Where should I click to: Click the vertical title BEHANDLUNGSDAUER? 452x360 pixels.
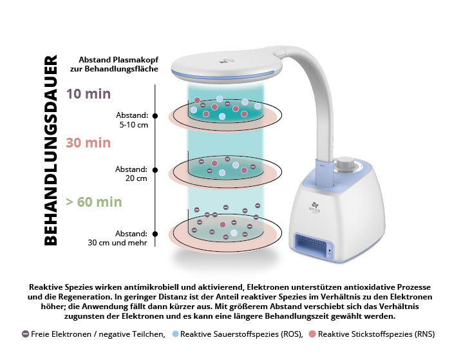[50, 150]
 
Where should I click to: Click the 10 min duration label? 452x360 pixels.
[89, 94]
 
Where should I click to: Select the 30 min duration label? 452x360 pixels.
[88, 143]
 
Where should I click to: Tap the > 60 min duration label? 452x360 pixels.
[94, 202]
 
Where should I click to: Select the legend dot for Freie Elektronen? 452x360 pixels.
[25, 334]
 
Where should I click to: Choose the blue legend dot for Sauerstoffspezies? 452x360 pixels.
[175, 334]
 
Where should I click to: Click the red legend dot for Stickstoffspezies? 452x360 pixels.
[312, 334]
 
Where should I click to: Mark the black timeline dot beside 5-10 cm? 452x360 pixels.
[155, 115]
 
